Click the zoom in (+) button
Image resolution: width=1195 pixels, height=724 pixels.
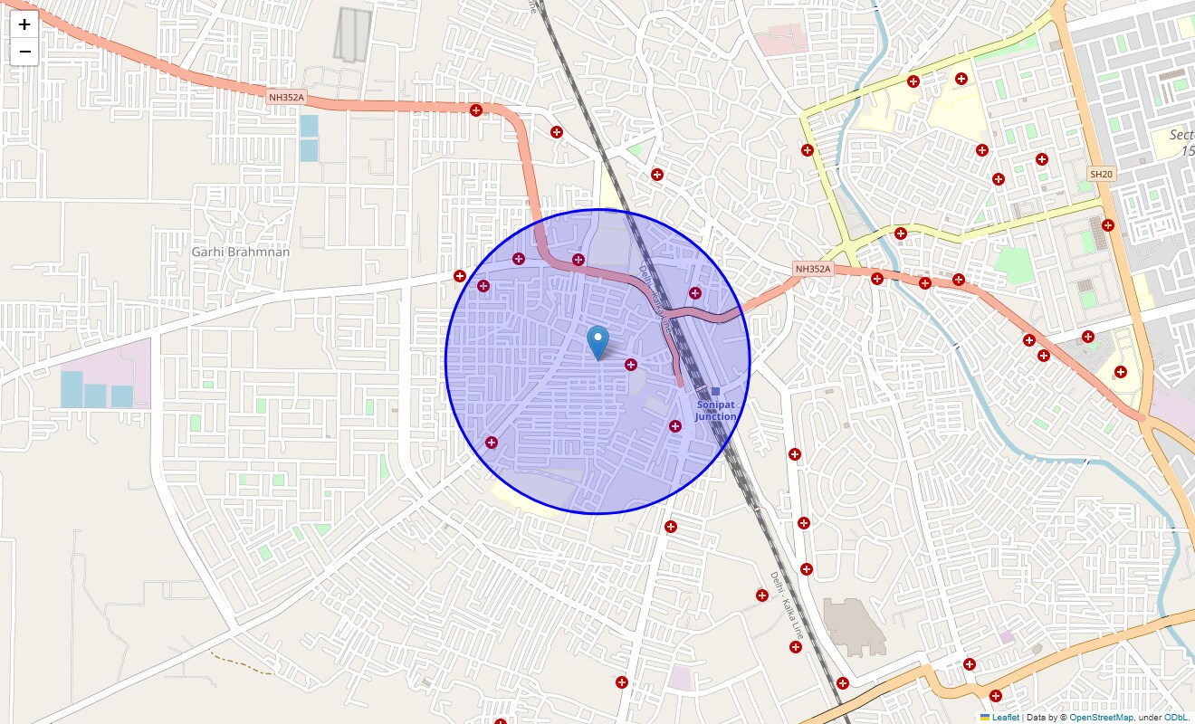tap(24, 24)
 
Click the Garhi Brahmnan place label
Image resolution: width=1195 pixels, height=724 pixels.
tap(241, 252)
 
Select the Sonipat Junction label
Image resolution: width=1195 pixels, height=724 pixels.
tap(716, 411)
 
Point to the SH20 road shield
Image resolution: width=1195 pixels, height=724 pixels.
tap(1100, 174)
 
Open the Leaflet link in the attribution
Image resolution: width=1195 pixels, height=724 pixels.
tap(1006, 717)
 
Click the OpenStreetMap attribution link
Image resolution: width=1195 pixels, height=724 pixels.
tap(1101, 717)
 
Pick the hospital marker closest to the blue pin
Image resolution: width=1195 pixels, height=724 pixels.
tap(631, 365)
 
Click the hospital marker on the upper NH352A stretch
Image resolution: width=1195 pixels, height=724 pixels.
tap(476, 110)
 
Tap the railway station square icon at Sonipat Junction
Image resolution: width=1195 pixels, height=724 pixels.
tap(715, 391)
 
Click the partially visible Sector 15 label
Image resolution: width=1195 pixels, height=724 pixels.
tap(1181, 143)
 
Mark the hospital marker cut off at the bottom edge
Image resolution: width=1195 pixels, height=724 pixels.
tap(501, 721)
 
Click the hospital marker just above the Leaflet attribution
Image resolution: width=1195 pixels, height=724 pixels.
tap(996, 696)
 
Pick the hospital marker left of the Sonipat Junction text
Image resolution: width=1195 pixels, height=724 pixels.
tap(674, 425)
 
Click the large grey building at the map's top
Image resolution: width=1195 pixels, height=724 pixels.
tap(352, 35)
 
